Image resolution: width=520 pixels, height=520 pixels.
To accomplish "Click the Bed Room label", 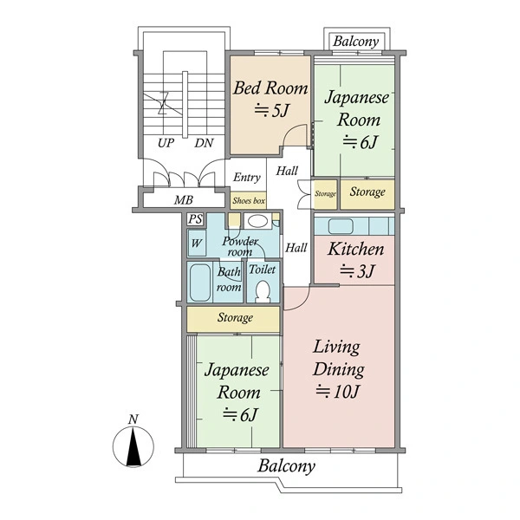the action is (x=270, y=88).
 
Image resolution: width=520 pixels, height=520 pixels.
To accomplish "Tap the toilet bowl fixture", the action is (x=263, y=291).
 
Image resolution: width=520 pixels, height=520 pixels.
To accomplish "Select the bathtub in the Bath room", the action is (x=199, y=283).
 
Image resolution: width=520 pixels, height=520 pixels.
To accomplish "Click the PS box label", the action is (x=195, y=219).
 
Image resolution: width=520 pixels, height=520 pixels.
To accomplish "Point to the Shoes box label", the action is (x=249, y=201).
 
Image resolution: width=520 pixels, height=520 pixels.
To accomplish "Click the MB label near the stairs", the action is (x=184, y=200).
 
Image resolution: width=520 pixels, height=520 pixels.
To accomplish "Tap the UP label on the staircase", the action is (x=166, y=143).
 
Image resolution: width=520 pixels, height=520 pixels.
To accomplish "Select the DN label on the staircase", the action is (x=204, y=143).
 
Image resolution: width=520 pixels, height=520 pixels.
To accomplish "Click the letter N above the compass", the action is (x=133, y=419).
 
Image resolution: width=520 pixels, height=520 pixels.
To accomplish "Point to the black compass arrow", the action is (x=133, y=446).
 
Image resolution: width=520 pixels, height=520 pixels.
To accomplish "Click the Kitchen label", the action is (x=356, y=249).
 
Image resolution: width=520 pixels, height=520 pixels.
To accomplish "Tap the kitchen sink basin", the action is (x=341, y=226).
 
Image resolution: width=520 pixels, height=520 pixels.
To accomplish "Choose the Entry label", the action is (x=247, y=178).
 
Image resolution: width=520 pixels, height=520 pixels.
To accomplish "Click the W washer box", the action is (x=197, y=243).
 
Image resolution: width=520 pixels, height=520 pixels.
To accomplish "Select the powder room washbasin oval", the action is (x=257, y=221).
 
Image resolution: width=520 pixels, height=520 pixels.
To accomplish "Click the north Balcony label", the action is (x=356, y=42).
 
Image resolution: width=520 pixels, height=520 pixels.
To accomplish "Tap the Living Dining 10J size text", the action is (x=337, y=392).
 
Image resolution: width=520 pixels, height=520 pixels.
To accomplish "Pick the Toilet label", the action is (x=262, y=270).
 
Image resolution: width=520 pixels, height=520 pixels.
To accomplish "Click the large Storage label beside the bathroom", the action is (x=235, y=318).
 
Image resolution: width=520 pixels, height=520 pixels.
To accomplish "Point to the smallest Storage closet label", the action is (x=325, y=193).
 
